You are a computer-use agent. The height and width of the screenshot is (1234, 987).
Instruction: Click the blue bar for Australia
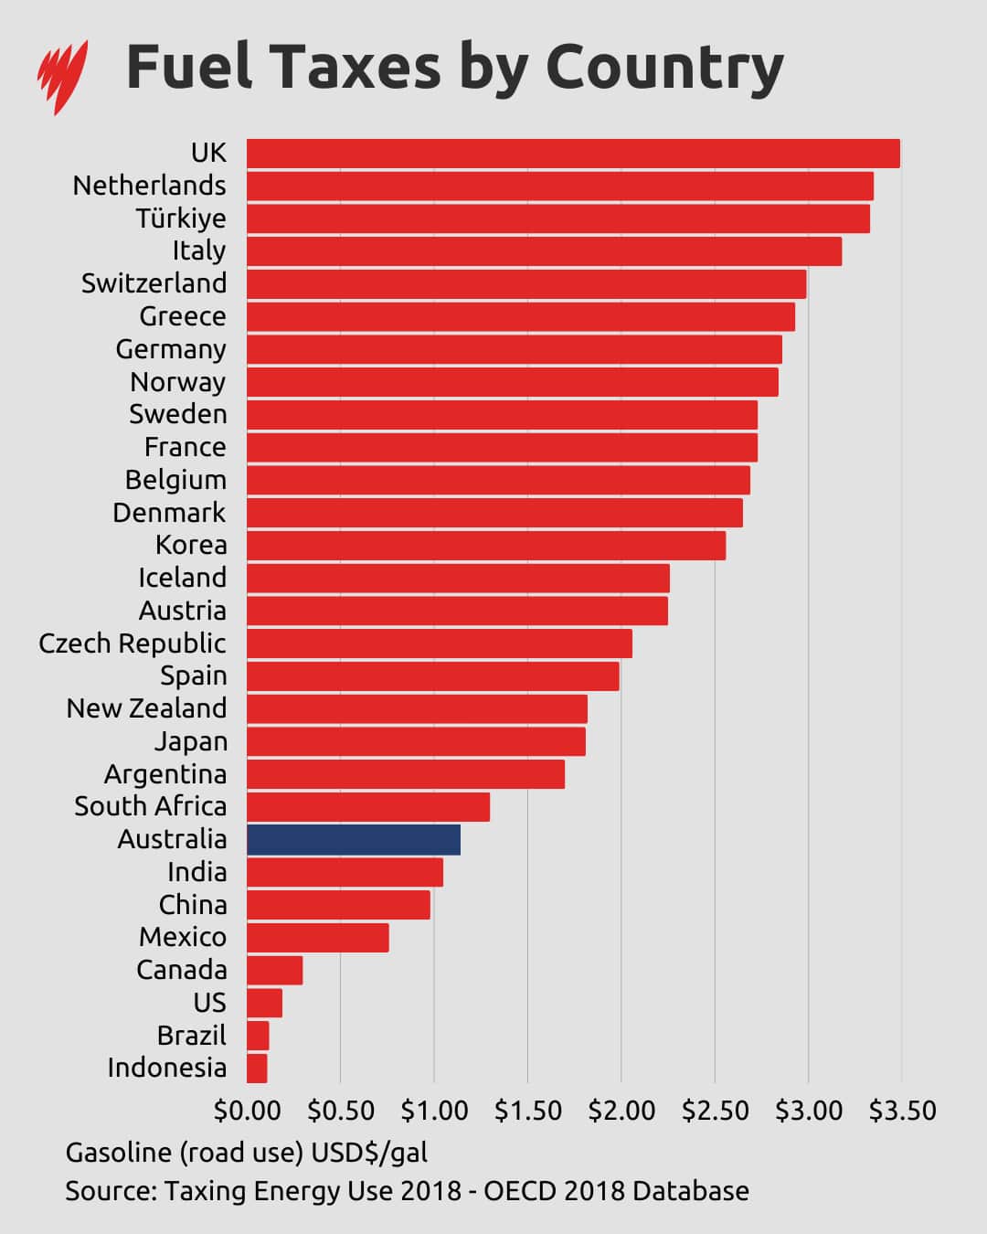[x=354, y=839]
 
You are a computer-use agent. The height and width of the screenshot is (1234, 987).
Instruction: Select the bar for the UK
[x=573, y=154]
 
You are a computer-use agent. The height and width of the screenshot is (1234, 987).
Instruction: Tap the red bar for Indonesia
[x=257, y=1068]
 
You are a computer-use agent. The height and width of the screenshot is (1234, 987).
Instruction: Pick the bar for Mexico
[x=318, y=938]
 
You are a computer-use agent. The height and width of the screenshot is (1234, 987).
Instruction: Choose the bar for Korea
[x=486, y=546]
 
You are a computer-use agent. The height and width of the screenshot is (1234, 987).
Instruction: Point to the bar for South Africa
[x=368, y=807]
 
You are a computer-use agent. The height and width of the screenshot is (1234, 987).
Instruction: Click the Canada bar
[x=274, y=970]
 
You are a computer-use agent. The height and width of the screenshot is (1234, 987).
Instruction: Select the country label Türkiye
[x=181, y=218]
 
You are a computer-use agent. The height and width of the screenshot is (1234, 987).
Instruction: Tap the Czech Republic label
[x=133, y=644]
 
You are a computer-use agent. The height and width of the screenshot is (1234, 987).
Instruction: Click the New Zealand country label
[x=146, y=708]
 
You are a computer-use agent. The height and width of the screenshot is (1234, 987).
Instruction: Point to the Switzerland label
[x=154, y=283]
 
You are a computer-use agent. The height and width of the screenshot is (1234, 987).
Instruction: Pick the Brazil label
[x=191, y=1036]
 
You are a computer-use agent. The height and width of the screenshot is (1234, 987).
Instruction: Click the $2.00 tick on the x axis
[x=621, y=1111]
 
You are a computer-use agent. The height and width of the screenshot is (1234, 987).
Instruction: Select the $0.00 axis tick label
[x=247, y=1111]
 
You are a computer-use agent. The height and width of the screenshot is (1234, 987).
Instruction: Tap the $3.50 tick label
[x=902, y=1111]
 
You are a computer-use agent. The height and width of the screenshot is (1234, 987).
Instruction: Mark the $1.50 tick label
[x=527, y=1111]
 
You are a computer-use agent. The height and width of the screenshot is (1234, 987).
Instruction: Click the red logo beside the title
[x=62, y=75]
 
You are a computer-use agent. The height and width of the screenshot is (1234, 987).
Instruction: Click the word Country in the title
[x=664, y=68]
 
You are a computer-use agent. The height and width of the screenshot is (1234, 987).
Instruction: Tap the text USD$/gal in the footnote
[x=369, y=1153]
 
